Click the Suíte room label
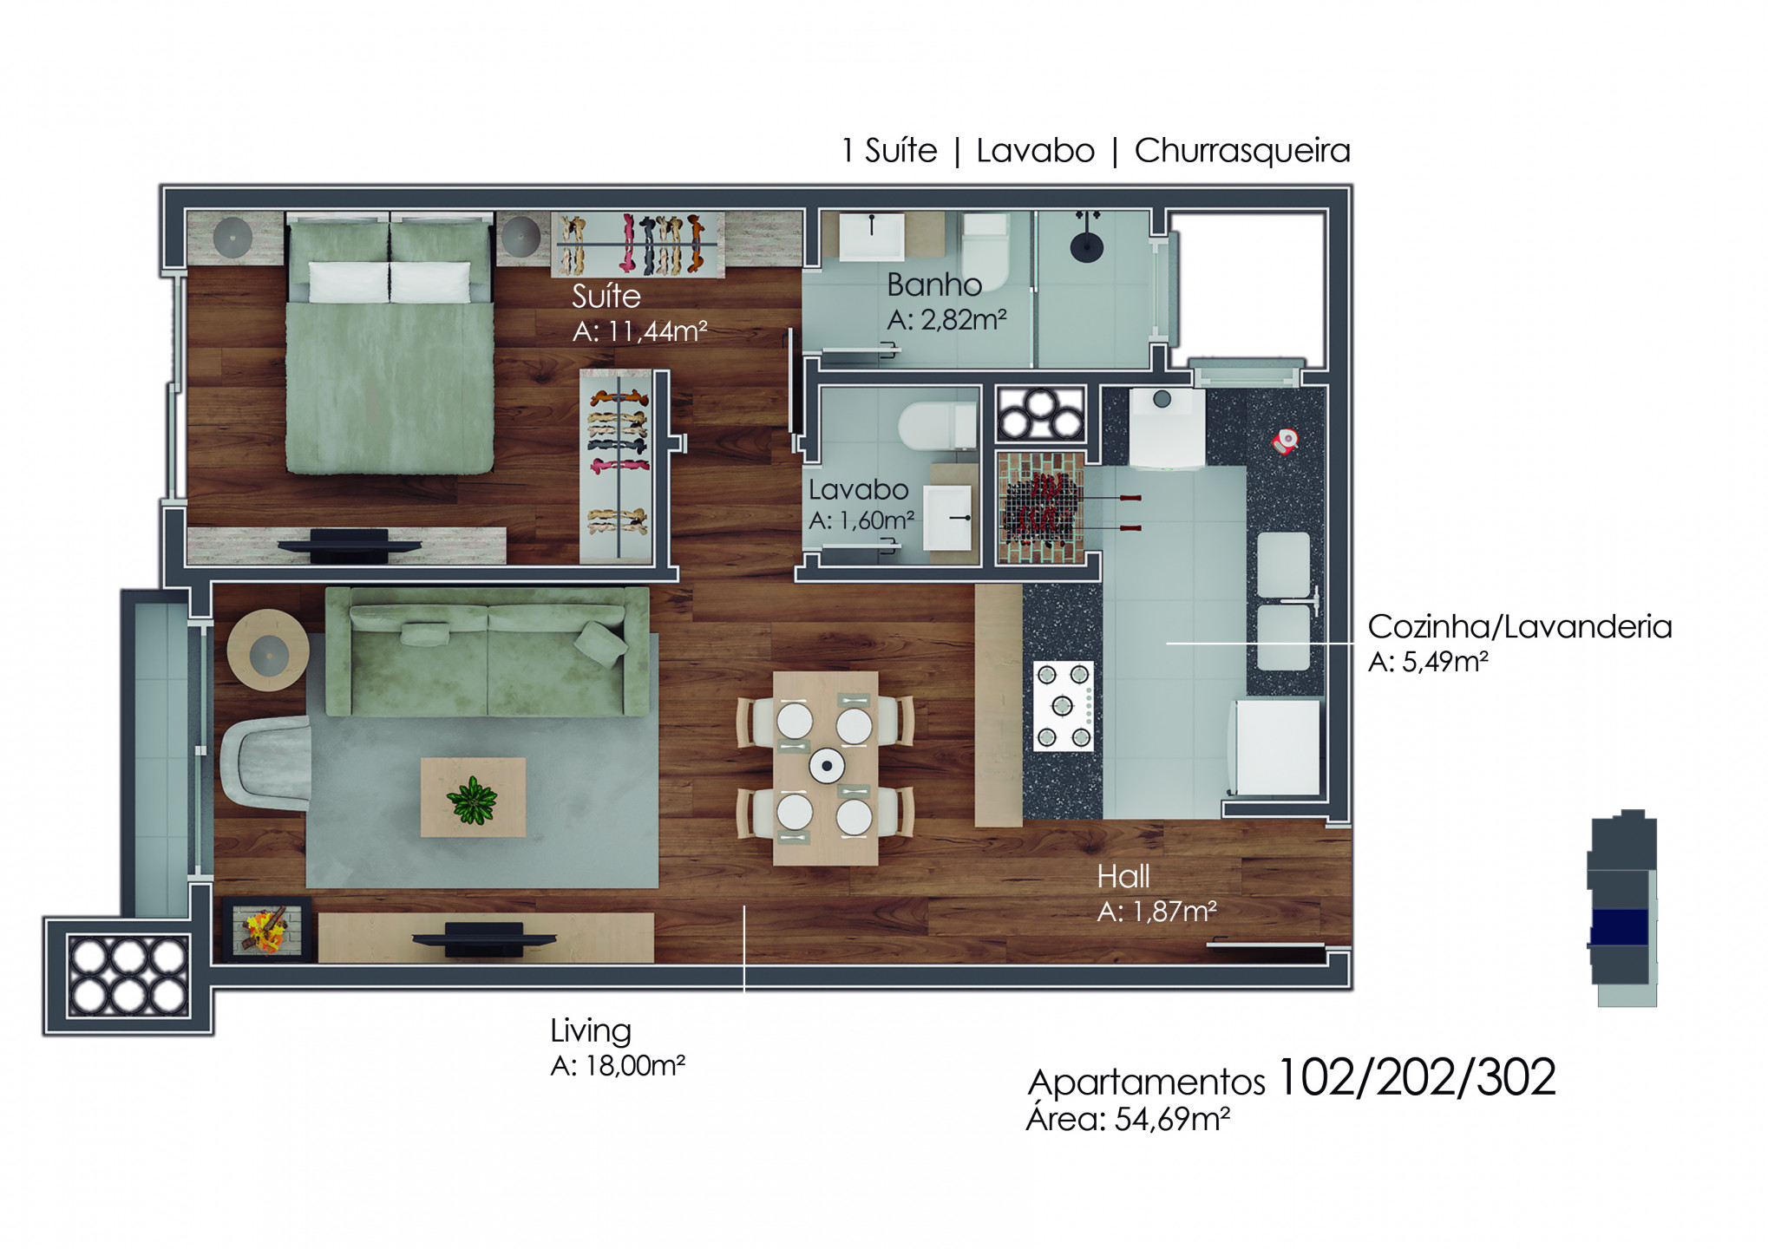pyautogui.click(x=606, y=296)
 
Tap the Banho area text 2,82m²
pyautogui.click(x=963, y=320)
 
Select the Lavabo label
pyautogui.click(x=858, y=489)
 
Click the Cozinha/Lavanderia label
pyautogui.click(x=1520, y=626)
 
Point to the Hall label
pyautogui.click(x=1123, y=876)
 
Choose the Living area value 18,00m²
pyautogui.click(x=635, y=1065)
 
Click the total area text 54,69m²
pyautogui.click(x=1172, y=1119)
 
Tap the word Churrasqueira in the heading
pyautogui.click(x=1241, y=150)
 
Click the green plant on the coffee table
pyautogui.click(x=472, y=800)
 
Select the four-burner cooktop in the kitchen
pyautogui.click(x=1063, y=706)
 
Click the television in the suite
pyautogui.click(x=349, y=546)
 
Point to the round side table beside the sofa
pyautogui.click(x=268, y=651)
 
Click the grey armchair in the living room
pyautogui.click(x=265, y=763)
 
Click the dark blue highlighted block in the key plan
pyautogui.click(x=1619, y=927)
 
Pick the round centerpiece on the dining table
pyautogui.click(x=827, y=765)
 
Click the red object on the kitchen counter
pyautogui.click(x=1285, y=441)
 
